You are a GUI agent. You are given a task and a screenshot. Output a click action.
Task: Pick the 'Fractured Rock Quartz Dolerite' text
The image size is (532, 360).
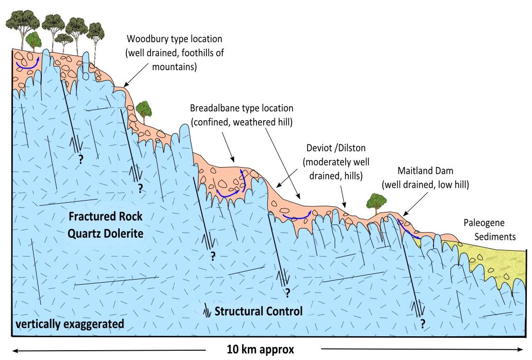click(x=105, y=225)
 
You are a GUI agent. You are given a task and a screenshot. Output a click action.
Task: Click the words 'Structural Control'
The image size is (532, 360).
click(x=257, y=312)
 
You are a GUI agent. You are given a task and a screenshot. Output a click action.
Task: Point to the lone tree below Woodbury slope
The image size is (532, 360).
click(x=145, y=108)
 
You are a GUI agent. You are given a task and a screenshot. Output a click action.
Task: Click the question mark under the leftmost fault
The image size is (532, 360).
click(x=80, y=159)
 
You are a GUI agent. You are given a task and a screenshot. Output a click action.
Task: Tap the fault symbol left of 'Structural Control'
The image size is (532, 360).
click(x=207, y=312)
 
